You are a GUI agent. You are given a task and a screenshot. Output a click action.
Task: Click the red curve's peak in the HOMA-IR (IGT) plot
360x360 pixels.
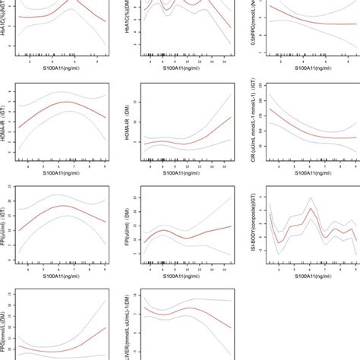pos(67,102)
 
